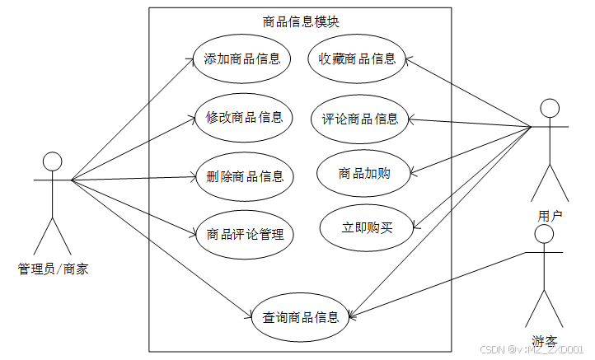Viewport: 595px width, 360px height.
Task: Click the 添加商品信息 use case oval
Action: click(242, 58)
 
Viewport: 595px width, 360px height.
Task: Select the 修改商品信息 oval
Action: click(244, 118)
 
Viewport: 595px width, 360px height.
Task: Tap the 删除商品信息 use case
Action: click(244, 176)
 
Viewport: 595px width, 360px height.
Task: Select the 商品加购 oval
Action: click(364, 174)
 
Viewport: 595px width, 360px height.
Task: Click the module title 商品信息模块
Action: click(300, 22)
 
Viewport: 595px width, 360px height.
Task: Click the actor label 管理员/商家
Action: click(53, 268)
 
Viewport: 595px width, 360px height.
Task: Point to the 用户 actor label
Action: click(550, 216)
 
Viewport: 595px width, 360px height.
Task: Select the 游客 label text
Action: click(544, 340)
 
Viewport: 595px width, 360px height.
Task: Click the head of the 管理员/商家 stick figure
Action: click(53, 161)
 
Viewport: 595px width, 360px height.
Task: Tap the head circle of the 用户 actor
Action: click(549, 107)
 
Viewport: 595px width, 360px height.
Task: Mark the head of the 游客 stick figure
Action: click(543, 234)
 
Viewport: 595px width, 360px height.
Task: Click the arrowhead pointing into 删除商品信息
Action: click(194, 176)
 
